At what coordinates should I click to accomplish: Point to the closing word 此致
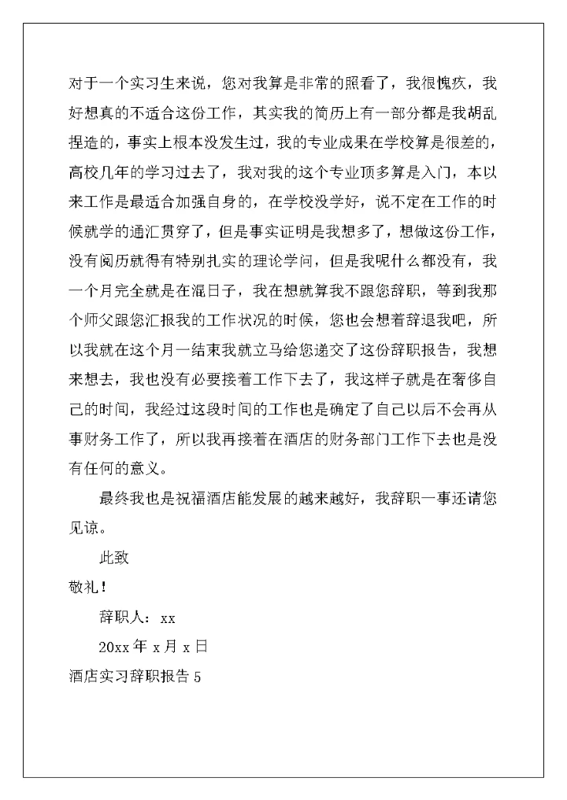[113, 558]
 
